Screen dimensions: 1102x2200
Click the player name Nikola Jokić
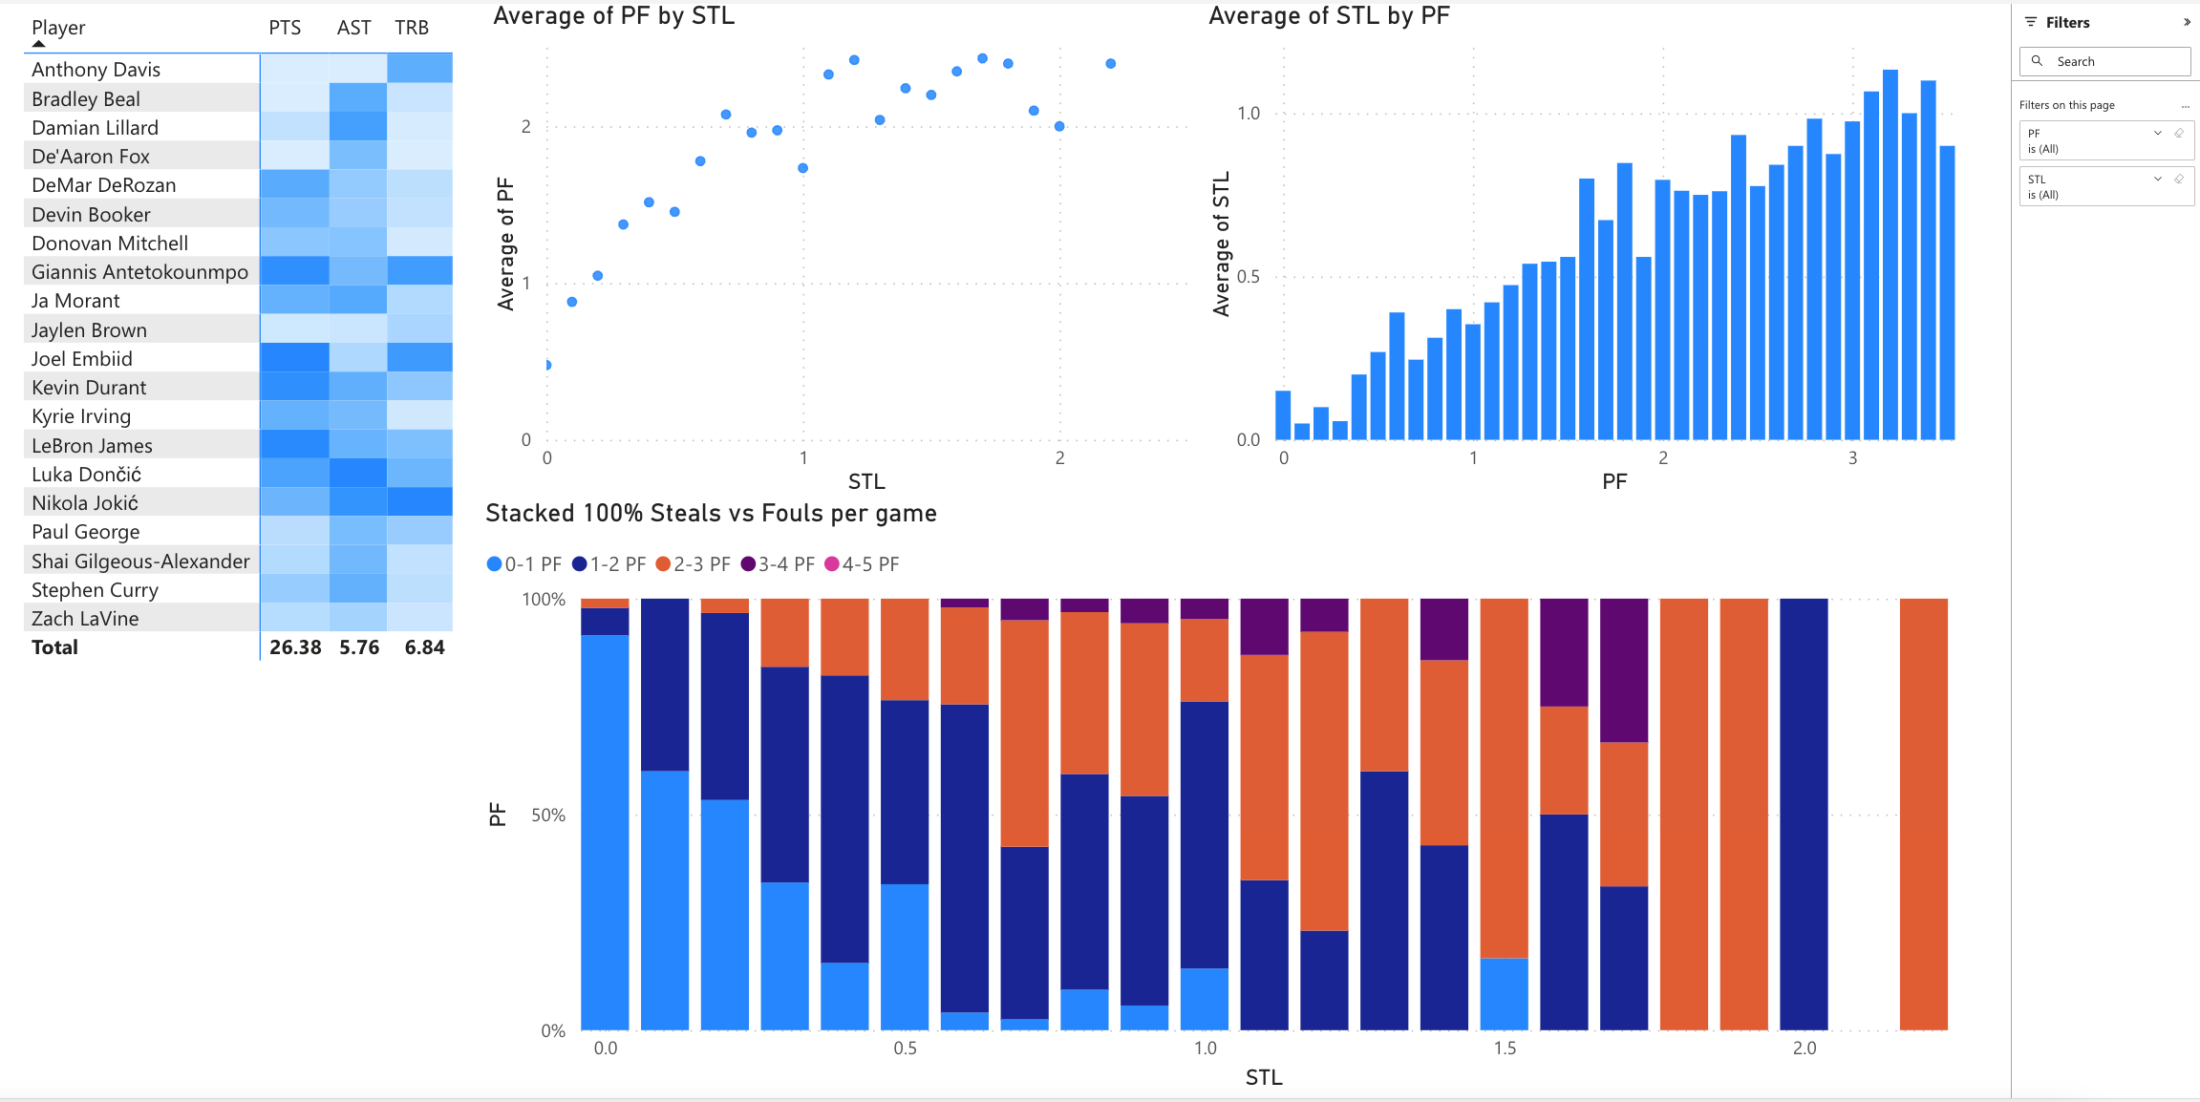point(85,503)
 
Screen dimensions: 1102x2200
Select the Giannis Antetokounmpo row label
point(139,272)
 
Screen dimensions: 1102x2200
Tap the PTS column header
point(285,28)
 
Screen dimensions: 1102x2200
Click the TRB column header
point(412,28)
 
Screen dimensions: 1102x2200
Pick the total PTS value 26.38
point(295,647)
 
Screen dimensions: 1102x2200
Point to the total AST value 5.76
point(359,647)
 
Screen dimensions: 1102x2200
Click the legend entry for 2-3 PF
point(694,564)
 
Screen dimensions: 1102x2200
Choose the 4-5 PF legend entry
point(862,564)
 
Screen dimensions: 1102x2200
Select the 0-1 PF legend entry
point(524,564)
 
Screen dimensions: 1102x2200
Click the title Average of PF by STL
point(613,16)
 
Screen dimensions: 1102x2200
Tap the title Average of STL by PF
point(1329,16)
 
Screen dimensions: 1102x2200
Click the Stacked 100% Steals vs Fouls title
point(711,514)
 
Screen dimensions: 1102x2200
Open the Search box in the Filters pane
point(2104,61)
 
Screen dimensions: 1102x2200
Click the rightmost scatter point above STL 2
point(1110,64)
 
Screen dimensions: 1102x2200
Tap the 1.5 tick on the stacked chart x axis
point(1505,1049)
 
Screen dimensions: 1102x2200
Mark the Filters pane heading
point(2067,23)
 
